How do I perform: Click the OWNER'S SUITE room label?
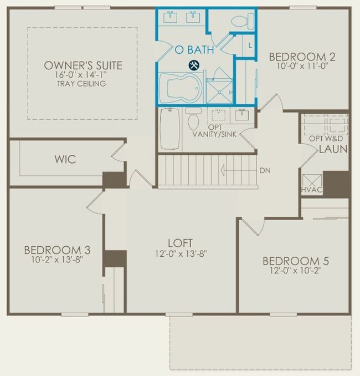coord(83,66)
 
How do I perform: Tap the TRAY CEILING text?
coord(83,84)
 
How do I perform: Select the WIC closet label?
coord(65,160)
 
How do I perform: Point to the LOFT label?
coord(181,243)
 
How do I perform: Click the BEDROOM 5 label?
coord(291,261)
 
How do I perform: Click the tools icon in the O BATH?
coord(194,65)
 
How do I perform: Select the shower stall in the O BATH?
coord(219,87)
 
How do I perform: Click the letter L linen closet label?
coord(250,45)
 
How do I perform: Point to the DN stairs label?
coord(265,170)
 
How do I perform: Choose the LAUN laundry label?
coord(332,149)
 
